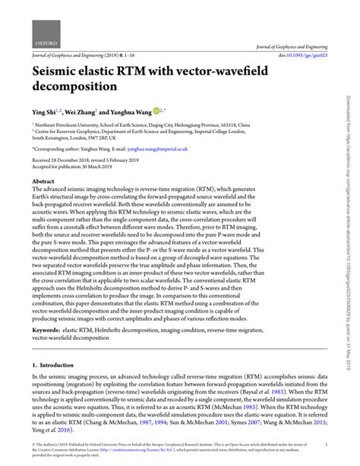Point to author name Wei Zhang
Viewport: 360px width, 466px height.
84,113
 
